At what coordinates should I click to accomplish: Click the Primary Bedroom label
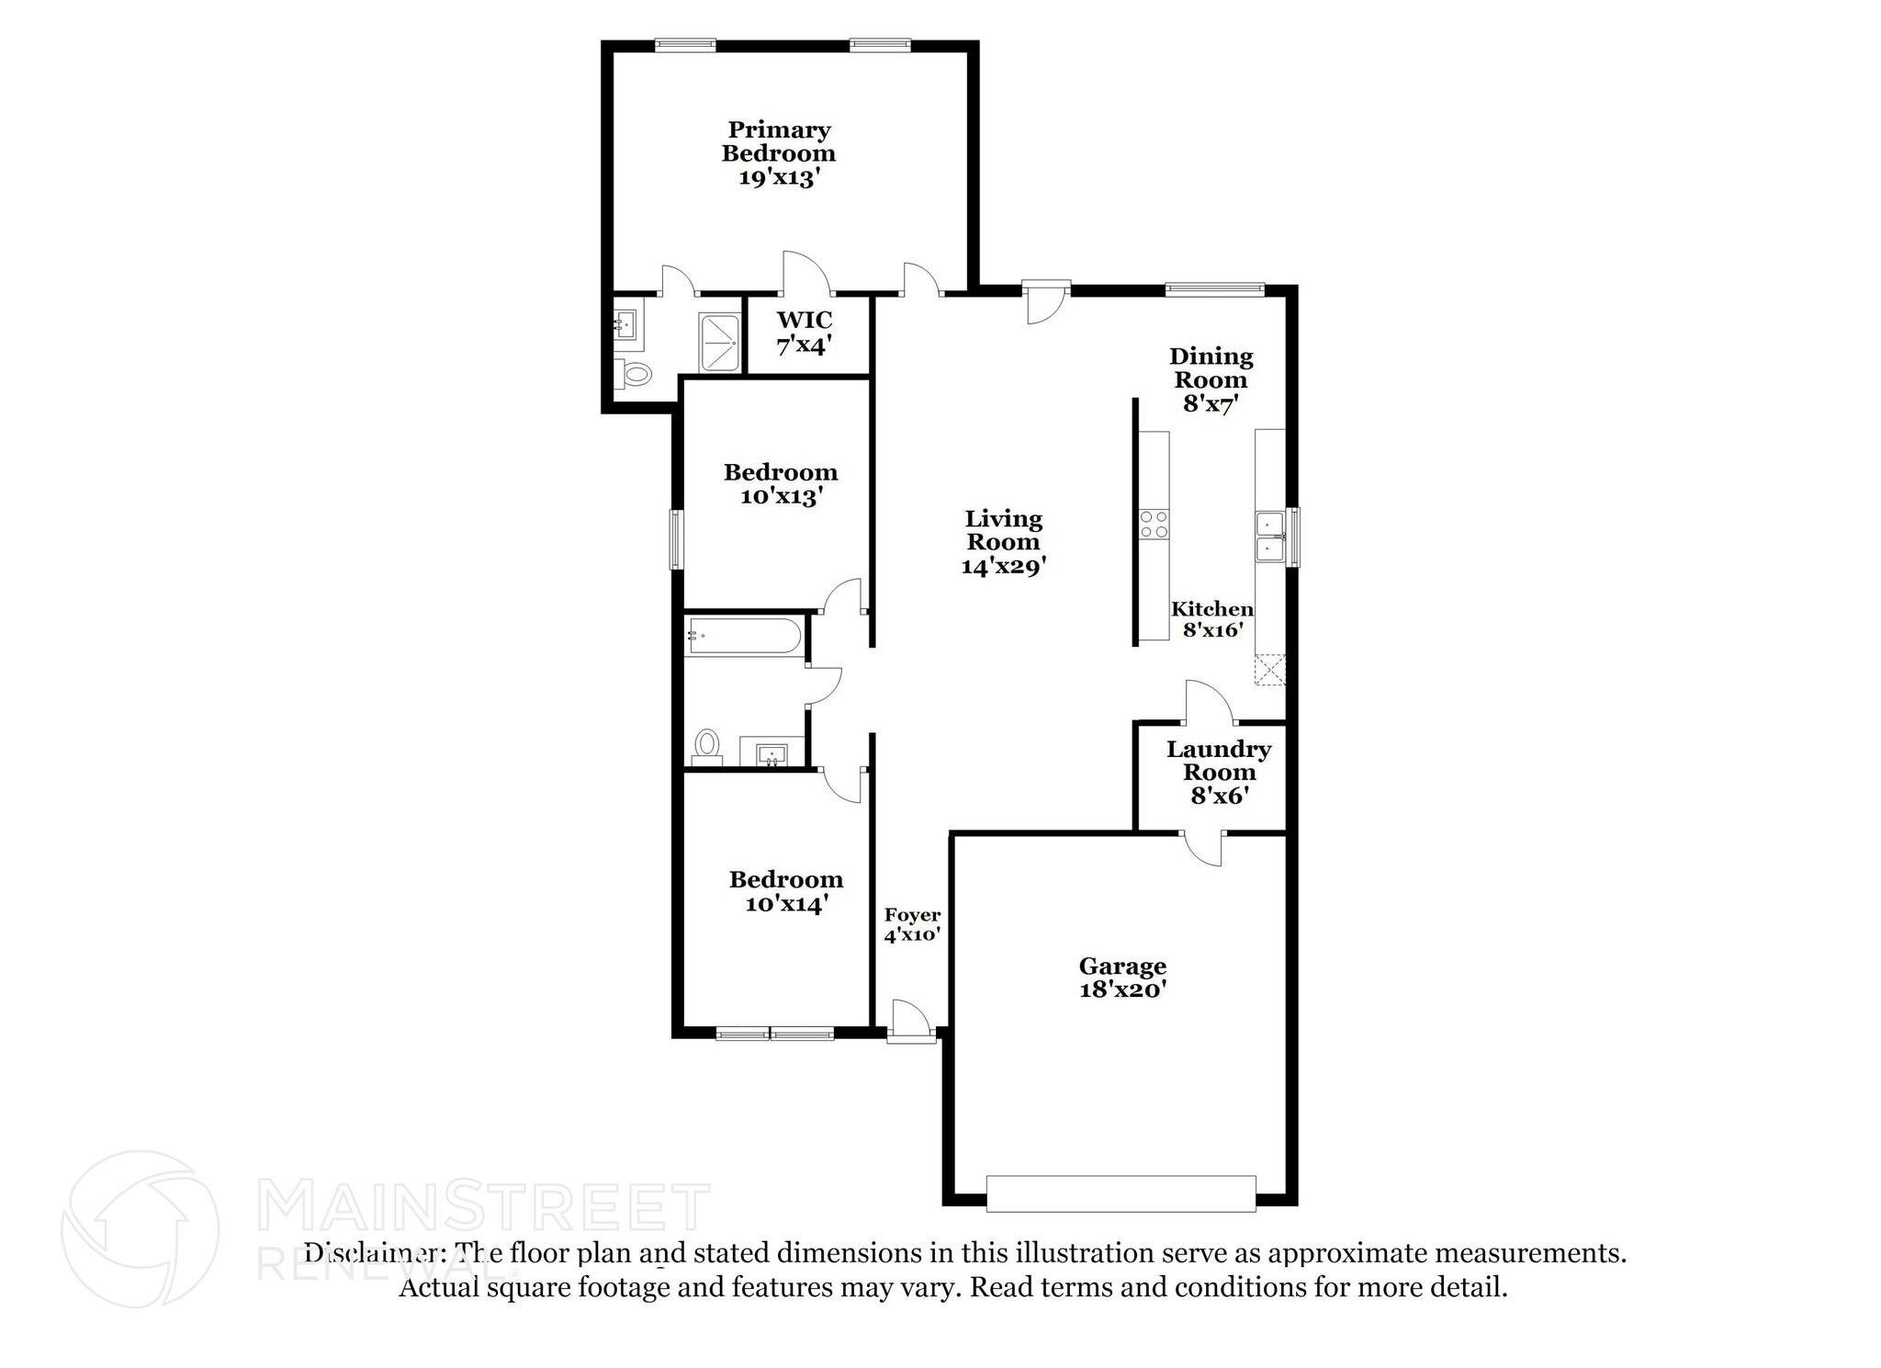(779, 153)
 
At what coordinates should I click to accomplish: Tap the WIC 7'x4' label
(805, 333)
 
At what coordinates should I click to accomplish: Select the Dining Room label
(1211, 379)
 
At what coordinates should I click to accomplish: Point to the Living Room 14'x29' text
(1003, 542)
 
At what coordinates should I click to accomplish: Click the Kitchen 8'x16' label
(1212, 619)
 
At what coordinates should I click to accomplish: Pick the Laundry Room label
(1219, 773)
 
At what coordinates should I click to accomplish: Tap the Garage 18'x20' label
(1122, 978)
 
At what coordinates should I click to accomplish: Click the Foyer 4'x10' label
(912, 925)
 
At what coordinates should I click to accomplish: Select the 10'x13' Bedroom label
(781, 484)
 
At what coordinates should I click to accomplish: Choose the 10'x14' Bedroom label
(786, 891)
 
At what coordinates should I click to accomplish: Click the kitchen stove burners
(1153, 524)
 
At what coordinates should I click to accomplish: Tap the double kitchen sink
(1270, 537)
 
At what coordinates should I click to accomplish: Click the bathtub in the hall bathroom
(744, 636)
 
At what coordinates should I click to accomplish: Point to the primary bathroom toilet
(635, 374)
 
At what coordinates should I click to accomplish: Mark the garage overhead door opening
(1121, 1193)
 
